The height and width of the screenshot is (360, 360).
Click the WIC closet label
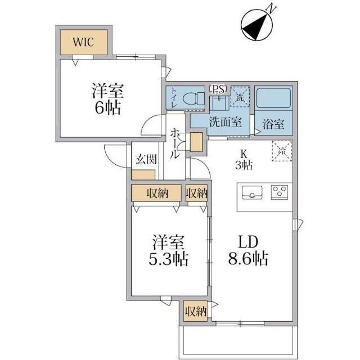tap(83, 42)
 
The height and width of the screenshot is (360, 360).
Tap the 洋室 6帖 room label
tap(108, 99)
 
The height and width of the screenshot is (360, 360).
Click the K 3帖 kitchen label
tap(244, 160)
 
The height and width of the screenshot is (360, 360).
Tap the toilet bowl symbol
tap(193, 98)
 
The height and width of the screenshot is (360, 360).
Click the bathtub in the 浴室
tap(273, 98)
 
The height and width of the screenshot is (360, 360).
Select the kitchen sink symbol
tap(252, 192)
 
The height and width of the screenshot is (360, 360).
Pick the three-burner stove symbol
tap(280, 191)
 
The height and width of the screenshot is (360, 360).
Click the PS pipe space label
tap(218, 89)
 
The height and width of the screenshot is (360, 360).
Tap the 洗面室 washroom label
tap(225, 122)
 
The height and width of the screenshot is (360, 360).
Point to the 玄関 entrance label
tap(146, 159)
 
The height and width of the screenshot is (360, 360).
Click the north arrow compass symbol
tap(256, 25)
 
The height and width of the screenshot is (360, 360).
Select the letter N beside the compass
tap(271, 10)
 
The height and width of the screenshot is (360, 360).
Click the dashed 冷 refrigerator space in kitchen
tap(282, 151)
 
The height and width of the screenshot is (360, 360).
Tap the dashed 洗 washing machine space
tap(240, 97)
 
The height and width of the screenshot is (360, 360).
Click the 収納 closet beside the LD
tap(196, 312)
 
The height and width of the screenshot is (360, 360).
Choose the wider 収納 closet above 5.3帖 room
tap(156, 193)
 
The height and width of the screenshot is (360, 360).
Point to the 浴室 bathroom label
tap(273, 124)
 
